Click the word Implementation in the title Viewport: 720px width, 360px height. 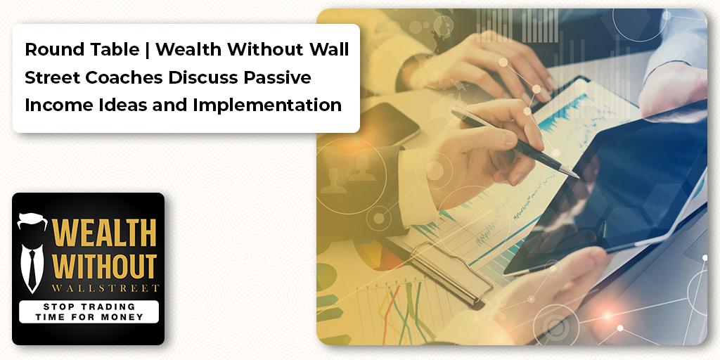coord(267,105)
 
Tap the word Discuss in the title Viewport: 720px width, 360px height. coord(203,77)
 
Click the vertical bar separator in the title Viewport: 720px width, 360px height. coord(147,50)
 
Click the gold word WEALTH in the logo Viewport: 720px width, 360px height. coord(104,232)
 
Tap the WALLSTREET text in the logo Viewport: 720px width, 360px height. coord(105,288)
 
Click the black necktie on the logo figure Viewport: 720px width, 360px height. coord(32,267)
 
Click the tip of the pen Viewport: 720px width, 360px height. coord(578,176)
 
